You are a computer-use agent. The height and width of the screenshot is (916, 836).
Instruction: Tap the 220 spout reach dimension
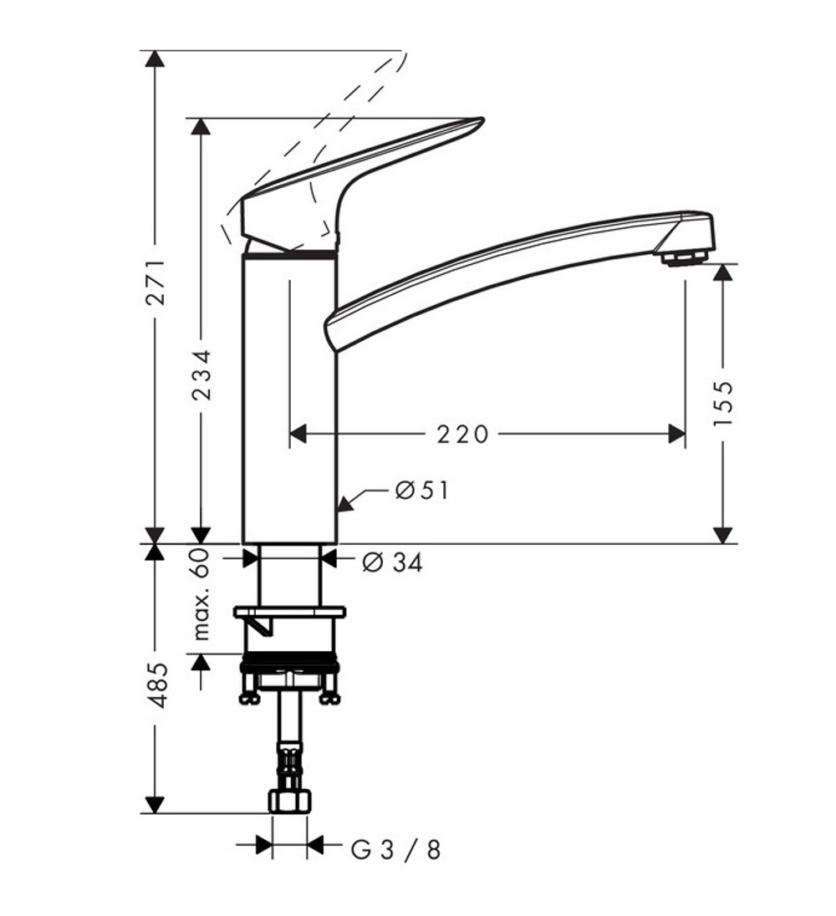(x=462, y=434)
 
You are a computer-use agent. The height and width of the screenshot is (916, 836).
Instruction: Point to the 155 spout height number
(x=723, y=403)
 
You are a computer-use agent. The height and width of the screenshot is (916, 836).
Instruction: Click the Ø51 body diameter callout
(x=422, y=491)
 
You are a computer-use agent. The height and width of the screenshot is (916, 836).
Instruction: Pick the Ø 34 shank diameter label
(x=392, y=563)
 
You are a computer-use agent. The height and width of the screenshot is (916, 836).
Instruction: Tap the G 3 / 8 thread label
(x=395, y=851)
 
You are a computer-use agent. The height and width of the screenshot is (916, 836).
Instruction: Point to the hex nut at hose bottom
(x=289, y=801)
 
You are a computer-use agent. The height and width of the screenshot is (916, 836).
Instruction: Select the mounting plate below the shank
(x=289, y=613)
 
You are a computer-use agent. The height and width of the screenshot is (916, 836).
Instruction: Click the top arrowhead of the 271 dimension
(x=155, y=59)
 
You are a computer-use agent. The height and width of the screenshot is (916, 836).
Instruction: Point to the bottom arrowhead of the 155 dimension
(x=723, y=535)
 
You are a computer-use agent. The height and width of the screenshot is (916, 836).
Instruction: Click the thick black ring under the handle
(x=289, y=252)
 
